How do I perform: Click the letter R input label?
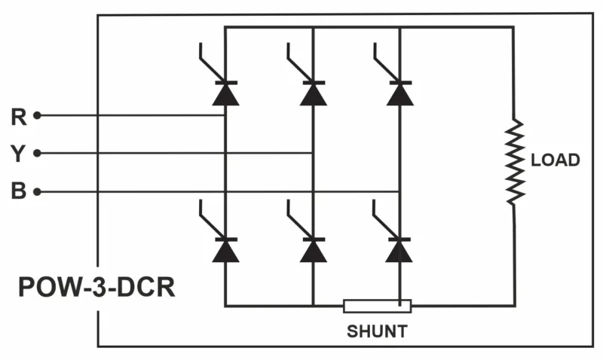19,117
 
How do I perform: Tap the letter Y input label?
19,154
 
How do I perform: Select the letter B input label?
19,191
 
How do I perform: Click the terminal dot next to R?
36,116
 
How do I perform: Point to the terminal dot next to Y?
36,154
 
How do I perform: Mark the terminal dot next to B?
36,191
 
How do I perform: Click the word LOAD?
556,160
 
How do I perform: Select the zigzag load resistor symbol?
515,160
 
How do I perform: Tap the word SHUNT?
377,331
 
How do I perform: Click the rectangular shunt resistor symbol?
377,306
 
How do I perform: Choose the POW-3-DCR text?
96,287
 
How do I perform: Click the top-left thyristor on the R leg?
225,92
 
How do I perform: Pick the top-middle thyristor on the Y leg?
312,92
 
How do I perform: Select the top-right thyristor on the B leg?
399,92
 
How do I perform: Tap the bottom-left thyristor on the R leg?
225,249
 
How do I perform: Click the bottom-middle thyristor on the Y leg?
312,249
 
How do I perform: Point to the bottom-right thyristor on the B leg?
399,249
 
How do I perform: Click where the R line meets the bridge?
225,116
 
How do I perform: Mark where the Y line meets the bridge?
312,154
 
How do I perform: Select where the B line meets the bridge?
399,191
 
